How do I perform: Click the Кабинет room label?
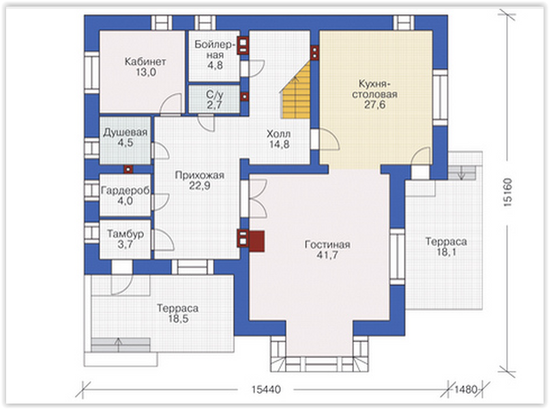tap(145, 61)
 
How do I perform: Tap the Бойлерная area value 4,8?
tap(215, 65)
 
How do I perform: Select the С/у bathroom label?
tap(214, 95)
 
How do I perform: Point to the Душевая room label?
tap(125, 133)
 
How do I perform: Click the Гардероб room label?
tap(125, 191)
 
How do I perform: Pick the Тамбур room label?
tap(125, 234)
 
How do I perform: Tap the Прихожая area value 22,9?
tap(200, 186)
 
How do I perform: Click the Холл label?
tap(278, 134)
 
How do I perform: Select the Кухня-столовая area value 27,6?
tap(374, 104)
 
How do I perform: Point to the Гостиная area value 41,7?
tap(327, 255)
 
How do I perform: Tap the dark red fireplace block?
tap(256, 241)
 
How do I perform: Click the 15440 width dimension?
tap(266, 389)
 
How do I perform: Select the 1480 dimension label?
tap(466, 389)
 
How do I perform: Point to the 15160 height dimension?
tap(507, 192)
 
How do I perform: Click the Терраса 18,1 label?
tap(446, 247)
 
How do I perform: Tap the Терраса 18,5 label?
tap(178, 314)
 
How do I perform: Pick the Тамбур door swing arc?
tap(164, 239)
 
